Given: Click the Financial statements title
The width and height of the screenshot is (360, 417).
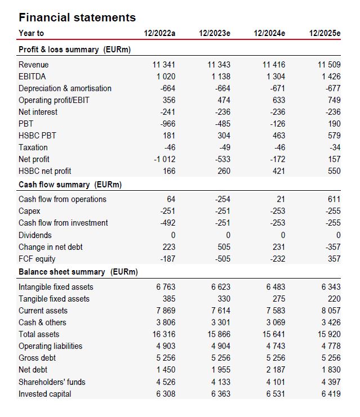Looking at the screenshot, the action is pos(77,17).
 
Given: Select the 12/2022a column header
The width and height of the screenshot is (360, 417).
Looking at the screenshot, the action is pos(159,33).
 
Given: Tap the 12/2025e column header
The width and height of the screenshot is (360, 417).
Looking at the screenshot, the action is pos(325,33).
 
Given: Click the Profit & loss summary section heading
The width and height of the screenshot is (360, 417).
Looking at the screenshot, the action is pos(74,50).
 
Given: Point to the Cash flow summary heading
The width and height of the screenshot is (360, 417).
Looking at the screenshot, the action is pos(70,185).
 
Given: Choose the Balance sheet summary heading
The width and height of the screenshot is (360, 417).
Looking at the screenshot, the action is pos(78,272).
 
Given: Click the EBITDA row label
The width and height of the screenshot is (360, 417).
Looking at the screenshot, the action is pos(32,77).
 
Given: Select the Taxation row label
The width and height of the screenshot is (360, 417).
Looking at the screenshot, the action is pos(33,147).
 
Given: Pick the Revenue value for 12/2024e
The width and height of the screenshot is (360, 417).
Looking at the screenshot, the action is pos(274,65).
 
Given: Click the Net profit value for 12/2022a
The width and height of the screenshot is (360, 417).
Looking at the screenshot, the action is pos(165,159).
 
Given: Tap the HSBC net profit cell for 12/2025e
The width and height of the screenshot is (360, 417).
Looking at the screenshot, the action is pos(334,171).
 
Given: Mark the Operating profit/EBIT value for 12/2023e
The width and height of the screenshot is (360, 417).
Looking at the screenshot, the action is pos(224,100).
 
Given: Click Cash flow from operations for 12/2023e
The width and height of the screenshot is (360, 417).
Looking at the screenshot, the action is pos(223,199).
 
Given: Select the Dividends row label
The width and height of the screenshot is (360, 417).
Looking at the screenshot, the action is pos(35,235).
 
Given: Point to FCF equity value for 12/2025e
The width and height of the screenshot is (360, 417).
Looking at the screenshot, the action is pos(334,259).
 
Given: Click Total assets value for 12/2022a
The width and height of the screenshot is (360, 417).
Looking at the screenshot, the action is pos(164,334).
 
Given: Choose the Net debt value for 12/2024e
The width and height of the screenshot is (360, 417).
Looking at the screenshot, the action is pos(275,370).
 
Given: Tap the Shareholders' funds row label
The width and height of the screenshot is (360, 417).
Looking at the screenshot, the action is pos(52,382).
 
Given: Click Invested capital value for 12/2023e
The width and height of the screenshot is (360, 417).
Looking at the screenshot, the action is pos(221,394).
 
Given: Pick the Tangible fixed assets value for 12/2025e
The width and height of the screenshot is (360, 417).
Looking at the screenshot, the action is pos(334,299).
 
